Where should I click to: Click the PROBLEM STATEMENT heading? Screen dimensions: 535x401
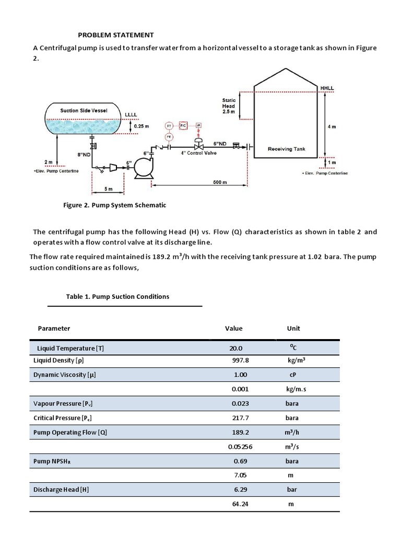point(116,35)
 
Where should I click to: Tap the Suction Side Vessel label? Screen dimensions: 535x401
point(84,110)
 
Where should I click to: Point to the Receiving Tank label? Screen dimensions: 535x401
point(286,149)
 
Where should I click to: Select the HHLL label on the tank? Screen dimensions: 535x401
point(327,88)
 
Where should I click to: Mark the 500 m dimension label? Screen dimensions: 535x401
point(220,182)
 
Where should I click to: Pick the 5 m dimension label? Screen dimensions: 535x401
point(108,188)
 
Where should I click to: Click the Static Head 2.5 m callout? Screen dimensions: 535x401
point(229,106)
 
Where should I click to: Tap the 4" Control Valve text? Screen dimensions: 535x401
point(198,153)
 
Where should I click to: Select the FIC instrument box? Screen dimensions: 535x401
point(183,126)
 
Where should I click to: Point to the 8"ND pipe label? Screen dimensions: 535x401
point(84,155)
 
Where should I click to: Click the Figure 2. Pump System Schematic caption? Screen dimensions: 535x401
point(114,205)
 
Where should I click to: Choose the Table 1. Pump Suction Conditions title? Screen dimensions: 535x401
point(117,296)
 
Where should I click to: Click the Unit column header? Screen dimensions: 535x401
point(293,328)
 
